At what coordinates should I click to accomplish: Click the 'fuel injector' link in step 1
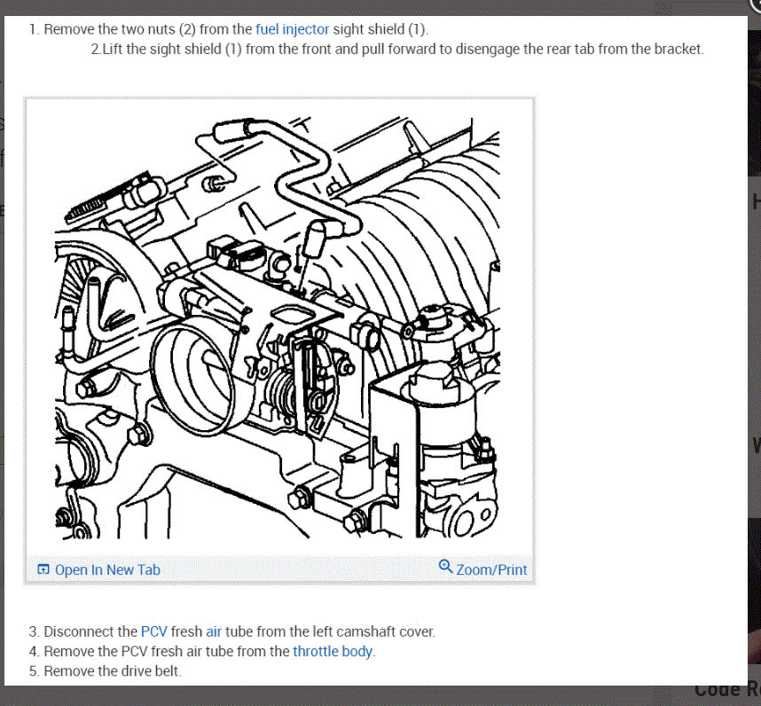coord(292,29)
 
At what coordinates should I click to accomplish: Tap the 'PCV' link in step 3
coord(153,631)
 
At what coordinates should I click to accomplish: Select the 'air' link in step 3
coord(214,631)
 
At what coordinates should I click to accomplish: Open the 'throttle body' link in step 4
coord(333,651)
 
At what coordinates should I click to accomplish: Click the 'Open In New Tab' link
coord(107,569)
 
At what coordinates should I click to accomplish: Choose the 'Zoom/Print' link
coord(491,569)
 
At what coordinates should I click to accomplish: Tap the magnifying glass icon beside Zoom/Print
coord(445,566)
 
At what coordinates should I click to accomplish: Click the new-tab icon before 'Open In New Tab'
coord(43,569)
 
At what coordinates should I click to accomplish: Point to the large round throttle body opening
coord(193,377)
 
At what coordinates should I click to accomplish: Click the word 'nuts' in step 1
coord(161,29)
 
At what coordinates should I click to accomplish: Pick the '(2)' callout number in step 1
coord(187,29)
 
